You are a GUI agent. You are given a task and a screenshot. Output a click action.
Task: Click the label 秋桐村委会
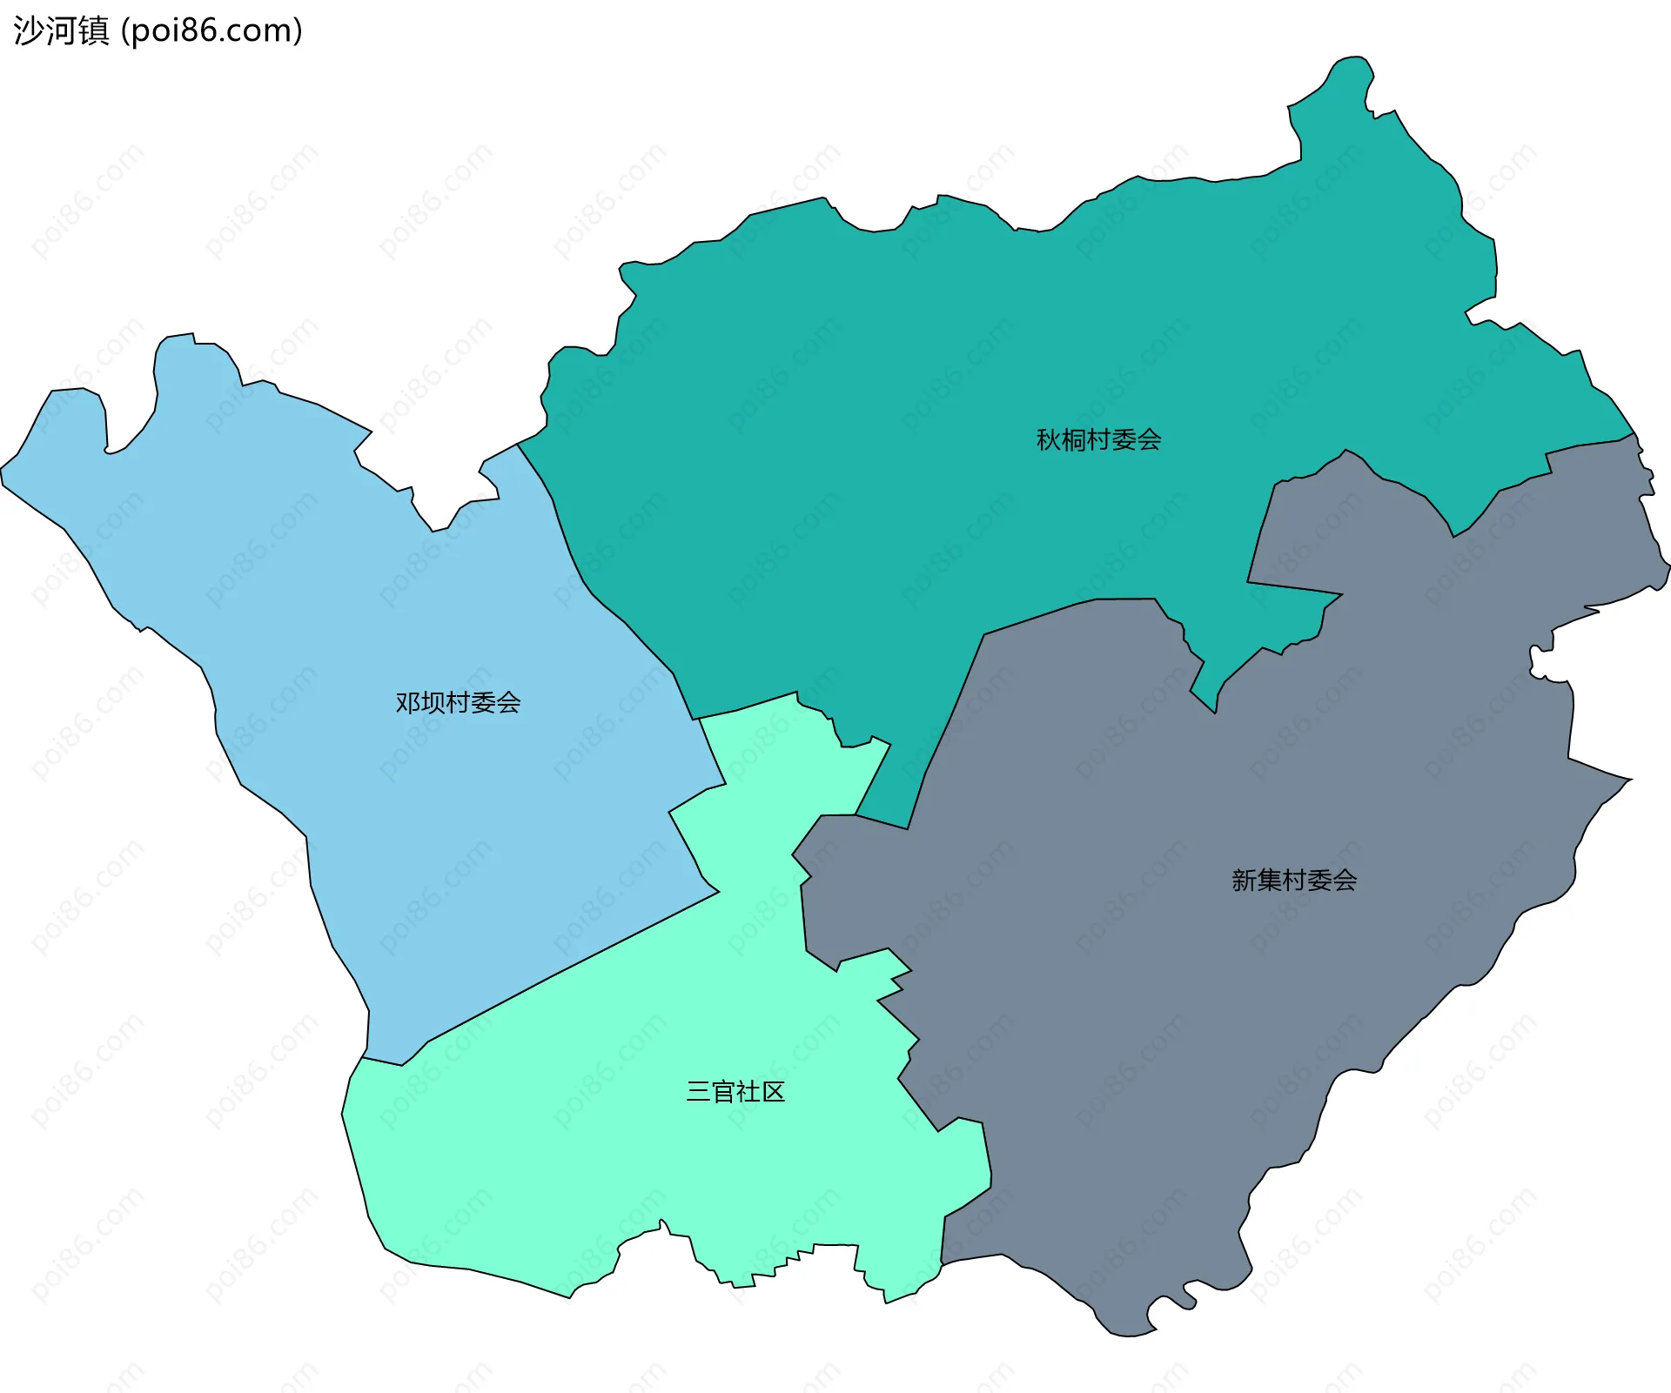(1098, 439)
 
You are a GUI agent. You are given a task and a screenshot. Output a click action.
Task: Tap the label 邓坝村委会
(458, 702)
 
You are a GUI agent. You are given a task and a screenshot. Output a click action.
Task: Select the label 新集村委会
(1294, 880)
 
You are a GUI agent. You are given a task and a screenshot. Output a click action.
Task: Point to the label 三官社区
(735, 1091)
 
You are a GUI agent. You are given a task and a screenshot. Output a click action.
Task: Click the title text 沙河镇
(61, 30)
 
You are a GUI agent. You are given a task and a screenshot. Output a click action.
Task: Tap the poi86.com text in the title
(211, 30)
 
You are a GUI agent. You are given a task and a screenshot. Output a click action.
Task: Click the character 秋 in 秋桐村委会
(1048, 439)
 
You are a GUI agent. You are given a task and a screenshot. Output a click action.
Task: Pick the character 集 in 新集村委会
(1269, 880)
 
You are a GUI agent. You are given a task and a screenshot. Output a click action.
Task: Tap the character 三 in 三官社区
(698, 1091)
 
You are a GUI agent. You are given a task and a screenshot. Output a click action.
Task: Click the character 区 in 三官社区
(773, 1091)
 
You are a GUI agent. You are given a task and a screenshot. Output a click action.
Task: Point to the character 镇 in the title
(93, 30)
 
